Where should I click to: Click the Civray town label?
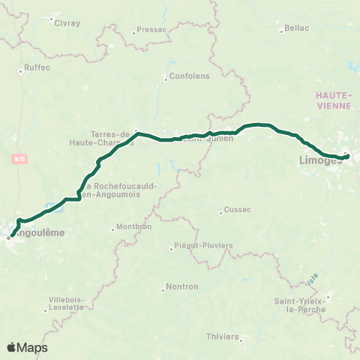[67, 22]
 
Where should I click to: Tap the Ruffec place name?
[36, 67]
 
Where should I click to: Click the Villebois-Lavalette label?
[67, 303]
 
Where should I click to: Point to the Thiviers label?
[222, 337]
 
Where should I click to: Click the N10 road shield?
[20, 159]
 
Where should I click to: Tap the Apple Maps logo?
[28, 347]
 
